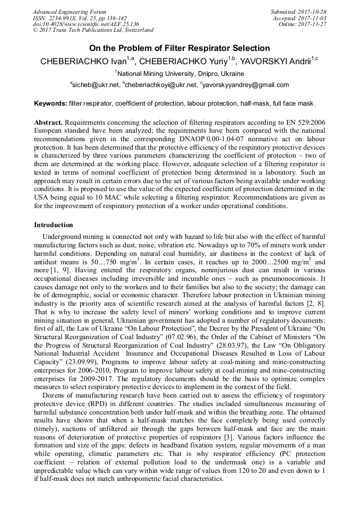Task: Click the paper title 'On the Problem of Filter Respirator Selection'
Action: [179, 48]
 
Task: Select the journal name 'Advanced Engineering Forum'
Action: [70, 12]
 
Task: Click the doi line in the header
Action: [85, 24]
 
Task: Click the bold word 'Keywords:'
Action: [50, 103]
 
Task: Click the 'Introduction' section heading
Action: [54, 225]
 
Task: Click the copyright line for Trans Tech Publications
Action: [93, 30]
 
